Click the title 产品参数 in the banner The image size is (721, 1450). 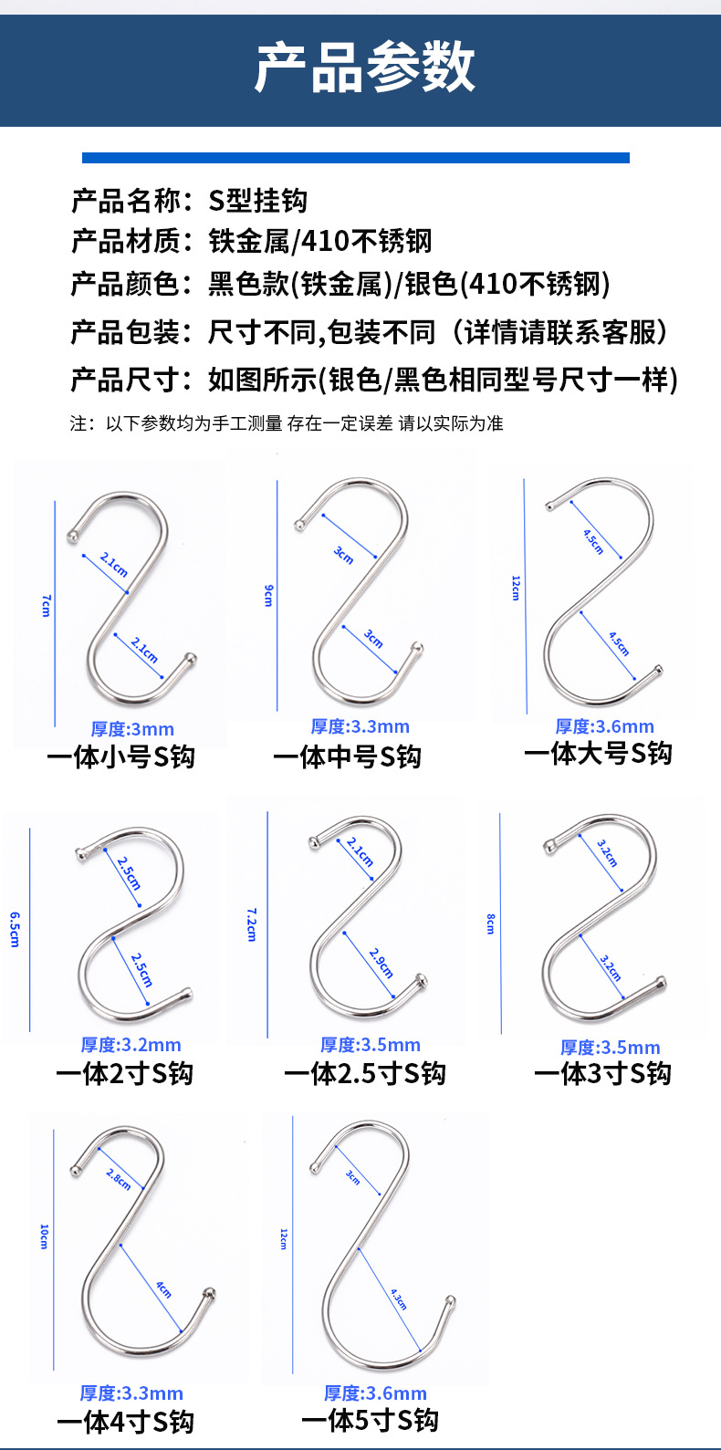(364, 66)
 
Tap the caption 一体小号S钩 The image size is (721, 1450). (121, 756)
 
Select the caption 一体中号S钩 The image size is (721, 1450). (347, 756)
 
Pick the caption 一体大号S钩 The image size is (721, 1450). (598, 754)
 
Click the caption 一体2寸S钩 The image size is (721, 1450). (124, 1073)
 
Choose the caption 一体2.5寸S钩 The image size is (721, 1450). (364, 1073)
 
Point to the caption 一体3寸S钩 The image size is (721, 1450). (602, 1073)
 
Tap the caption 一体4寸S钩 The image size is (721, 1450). (125, 1422)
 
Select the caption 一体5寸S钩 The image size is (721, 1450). (370, 1420)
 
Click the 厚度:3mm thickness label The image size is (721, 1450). (132, 729)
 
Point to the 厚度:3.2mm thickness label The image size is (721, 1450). (131, 1045)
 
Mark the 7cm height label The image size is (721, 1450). (46, 605)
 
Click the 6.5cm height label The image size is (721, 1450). (15, 929)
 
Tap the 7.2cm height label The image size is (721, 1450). (252, 924)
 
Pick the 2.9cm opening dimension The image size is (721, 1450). (381, 963)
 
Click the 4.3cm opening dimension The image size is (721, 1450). (399, 1299)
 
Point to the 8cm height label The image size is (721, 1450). (490, 923)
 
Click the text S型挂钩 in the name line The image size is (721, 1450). (257, 200)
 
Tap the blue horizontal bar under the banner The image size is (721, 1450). (355, 158)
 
